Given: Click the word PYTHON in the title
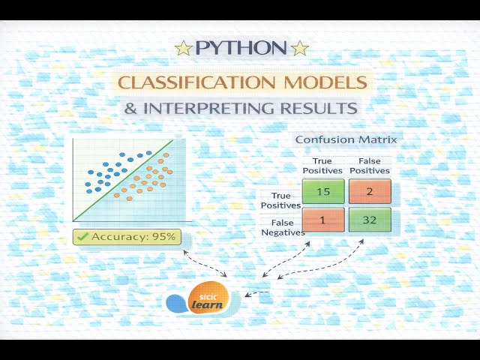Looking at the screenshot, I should point(241,49).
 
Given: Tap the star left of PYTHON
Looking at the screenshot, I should point(182,49).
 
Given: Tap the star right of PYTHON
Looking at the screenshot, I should point(300,49).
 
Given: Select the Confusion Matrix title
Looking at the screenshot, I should point(346,139).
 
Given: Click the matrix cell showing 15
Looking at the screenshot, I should point(323,191).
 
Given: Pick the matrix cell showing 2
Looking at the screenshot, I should point(370,191).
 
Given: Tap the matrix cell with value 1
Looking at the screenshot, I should point(323,220).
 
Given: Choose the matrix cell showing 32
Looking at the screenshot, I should point(370,220).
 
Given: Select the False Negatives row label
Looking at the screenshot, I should point(283,226).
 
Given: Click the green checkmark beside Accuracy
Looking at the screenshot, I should point(82,237).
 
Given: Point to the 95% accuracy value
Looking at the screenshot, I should point(163,237).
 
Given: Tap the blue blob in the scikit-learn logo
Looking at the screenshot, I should point(175,303).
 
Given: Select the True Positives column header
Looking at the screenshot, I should point(322,165).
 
